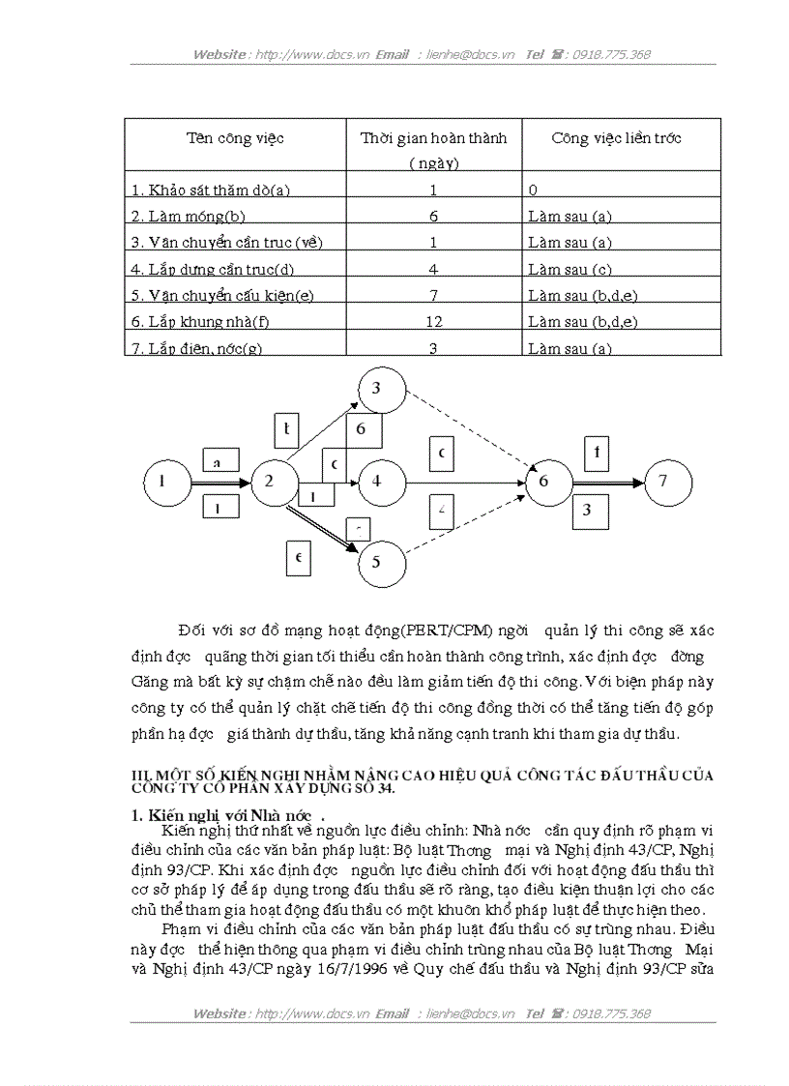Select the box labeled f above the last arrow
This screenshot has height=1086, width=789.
[x=597, y=452]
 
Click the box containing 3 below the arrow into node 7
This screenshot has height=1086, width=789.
[x=587, y=511]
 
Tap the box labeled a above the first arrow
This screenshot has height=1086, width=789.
[x=220, y=462]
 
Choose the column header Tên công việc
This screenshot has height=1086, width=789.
[x=235, y=138]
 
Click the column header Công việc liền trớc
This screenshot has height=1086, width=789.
[x=617, y=138]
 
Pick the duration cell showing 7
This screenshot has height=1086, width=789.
[x=433, y=295]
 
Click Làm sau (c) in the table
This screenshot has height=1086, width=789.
[x=570, y=269]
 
